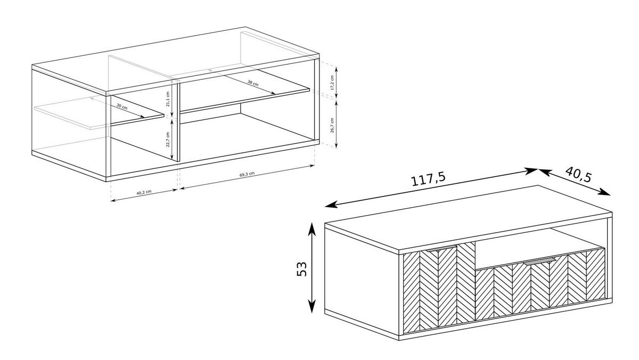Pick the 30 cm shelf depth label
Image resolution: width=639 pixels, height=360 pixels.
[x=122, y=107]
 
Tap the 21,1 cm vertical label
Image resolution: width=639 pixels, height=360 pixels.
[x=167, y=99]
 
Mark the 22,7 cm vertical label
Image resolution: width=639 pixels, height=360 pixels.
[x=167, y=140]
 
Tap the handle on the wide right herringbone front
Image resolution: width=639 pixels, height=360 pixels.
[x=539, y=261]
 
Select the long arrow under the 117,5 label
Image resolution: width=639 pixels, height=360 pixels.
[x=431, y=187]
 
